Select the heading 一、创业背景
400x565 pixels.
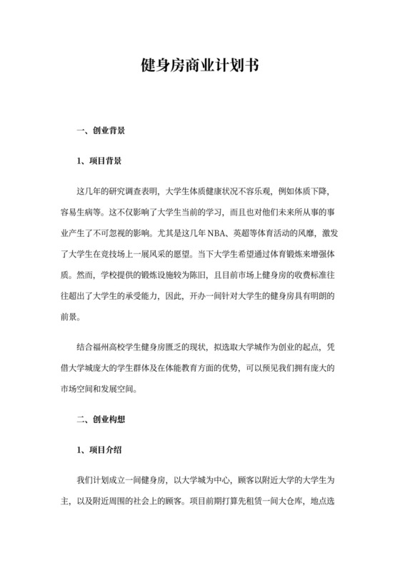point(101,131)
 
